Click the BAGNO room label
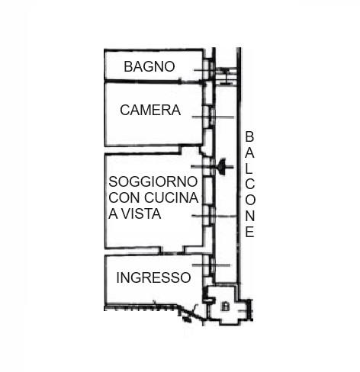[x=149, y=66]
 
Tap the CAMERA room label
[x=150, y=111]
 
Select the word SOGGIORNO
[x=153, y=181]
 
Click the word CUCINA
[x=171, y=197]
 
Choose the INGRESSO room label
[x=153, y=277]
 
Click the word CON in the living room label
[x=124, y=197]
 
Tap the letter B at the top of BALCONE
[x=249, y=136]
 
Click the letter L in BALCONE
[x=249, y=168]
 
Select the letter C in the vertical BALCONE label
[x=250, y=184]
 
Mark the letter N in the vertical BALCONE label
[x=249, y=216]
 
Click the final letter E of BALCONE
[x=249, y=232]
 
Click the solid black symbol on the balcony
[x=221, y=167]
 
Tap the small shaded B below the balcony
[x=225, y=306]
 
